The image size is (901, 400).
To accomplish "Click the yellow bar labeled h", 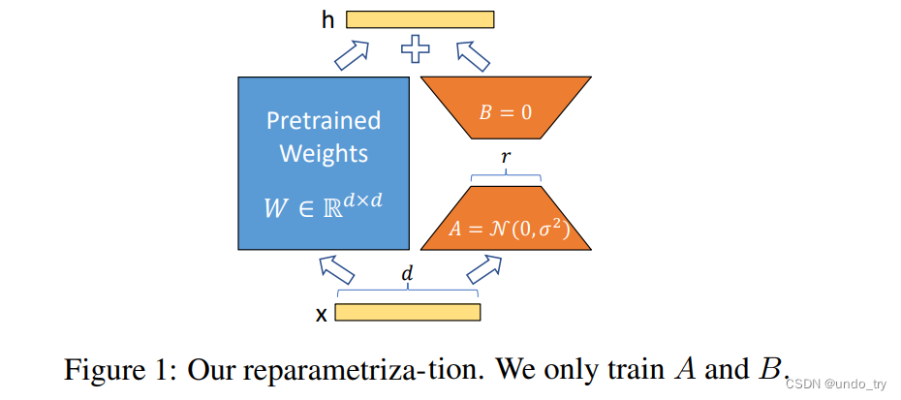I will click(419, 18).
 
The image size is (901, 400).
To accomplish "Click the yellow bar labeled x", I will click(408, 312).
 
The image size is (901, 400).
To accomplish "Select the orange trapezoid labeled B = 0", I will click(505, 111).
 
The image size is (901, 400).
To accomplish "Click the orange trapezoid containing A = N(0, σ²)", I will click(505, 219).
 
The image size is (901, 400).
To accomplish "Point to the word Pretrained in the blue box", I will click(324, 122).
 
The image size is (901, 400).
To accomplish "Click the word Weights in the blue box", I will click(324, 154).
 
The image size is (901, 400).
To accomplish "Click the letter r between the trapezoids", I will click(505, 156).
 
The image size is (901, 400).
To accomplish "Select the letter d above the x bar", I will click(407, 274).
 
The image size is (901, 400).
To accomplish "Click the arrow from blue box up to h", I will click(353, 55).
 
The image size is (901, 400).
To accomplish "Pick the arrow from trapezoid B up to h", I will click(474, 55).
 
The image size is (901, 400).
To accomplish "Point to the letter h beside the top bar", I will click(328, 18).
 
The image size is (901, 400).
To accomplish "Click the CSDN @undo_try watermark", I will click(834, 385).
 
